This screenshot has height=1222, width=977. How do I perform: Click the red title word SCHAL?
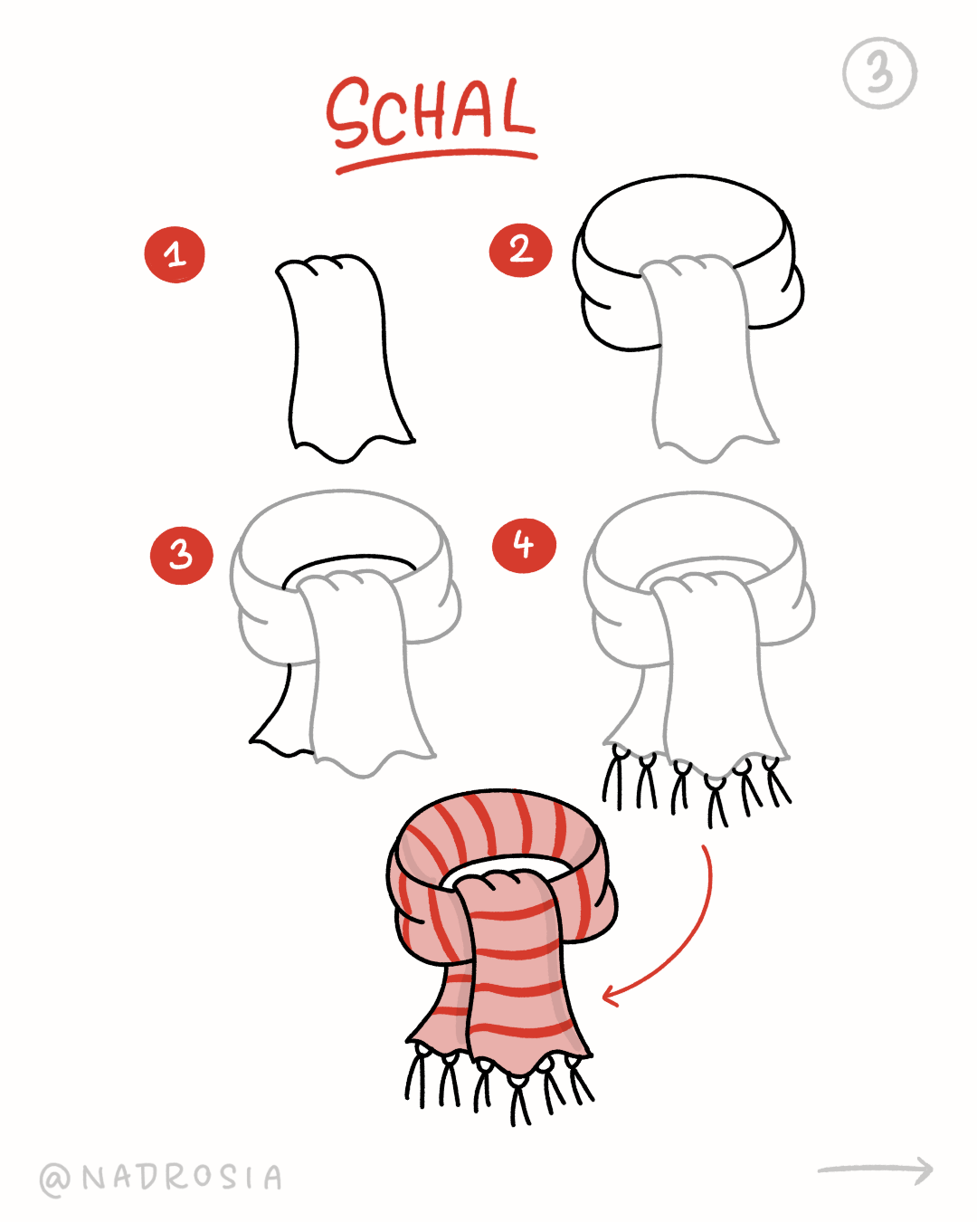click(x=431, y=112)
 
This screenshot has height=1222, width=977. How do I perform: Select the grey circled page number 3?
click(x=879, y=72)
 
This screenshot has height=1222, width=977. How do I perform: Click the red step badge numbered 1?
click(x=175, y=254)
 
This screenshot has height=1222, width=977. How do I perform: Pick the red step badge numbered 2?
click(x=520, y=251)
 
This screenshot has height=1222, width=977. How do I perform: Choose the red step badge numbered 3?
click(x=182, y=556)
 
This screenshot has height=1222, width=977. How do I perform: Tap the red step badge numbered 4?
click(x=524, y=545)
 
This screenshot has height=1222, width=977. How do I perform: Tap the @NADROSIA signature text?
click(x=161, y=1178)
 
